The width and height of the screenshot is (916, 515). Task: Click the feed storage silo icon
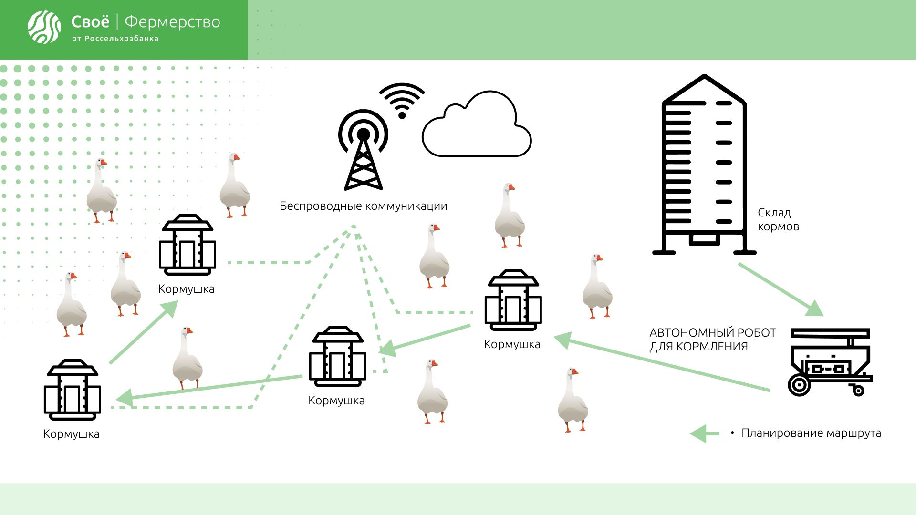point(704,165)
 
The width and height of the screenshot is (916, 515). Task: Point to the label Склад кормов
point(778,219)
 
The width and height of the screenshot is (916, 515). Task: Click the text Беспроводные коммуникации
point(363,206)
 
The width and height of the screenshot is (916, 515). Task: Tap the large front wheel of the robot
point(799,385)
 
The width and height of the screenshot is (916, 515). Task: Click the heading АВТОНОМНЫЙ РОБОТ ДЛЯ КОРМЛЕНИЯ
point(712,340)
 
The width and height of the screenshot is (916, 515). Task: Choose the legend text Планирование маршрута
point(811,433)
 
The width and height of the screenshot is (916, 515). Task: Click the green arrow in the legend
point(704,433)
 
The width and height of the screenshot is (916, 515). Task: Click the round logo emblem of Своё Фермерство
point(44,27)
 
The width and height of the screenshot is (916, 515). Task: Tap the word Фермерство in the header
point(172,22)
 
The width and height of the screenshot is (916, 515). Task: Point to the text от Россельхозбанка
point(115,39)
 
